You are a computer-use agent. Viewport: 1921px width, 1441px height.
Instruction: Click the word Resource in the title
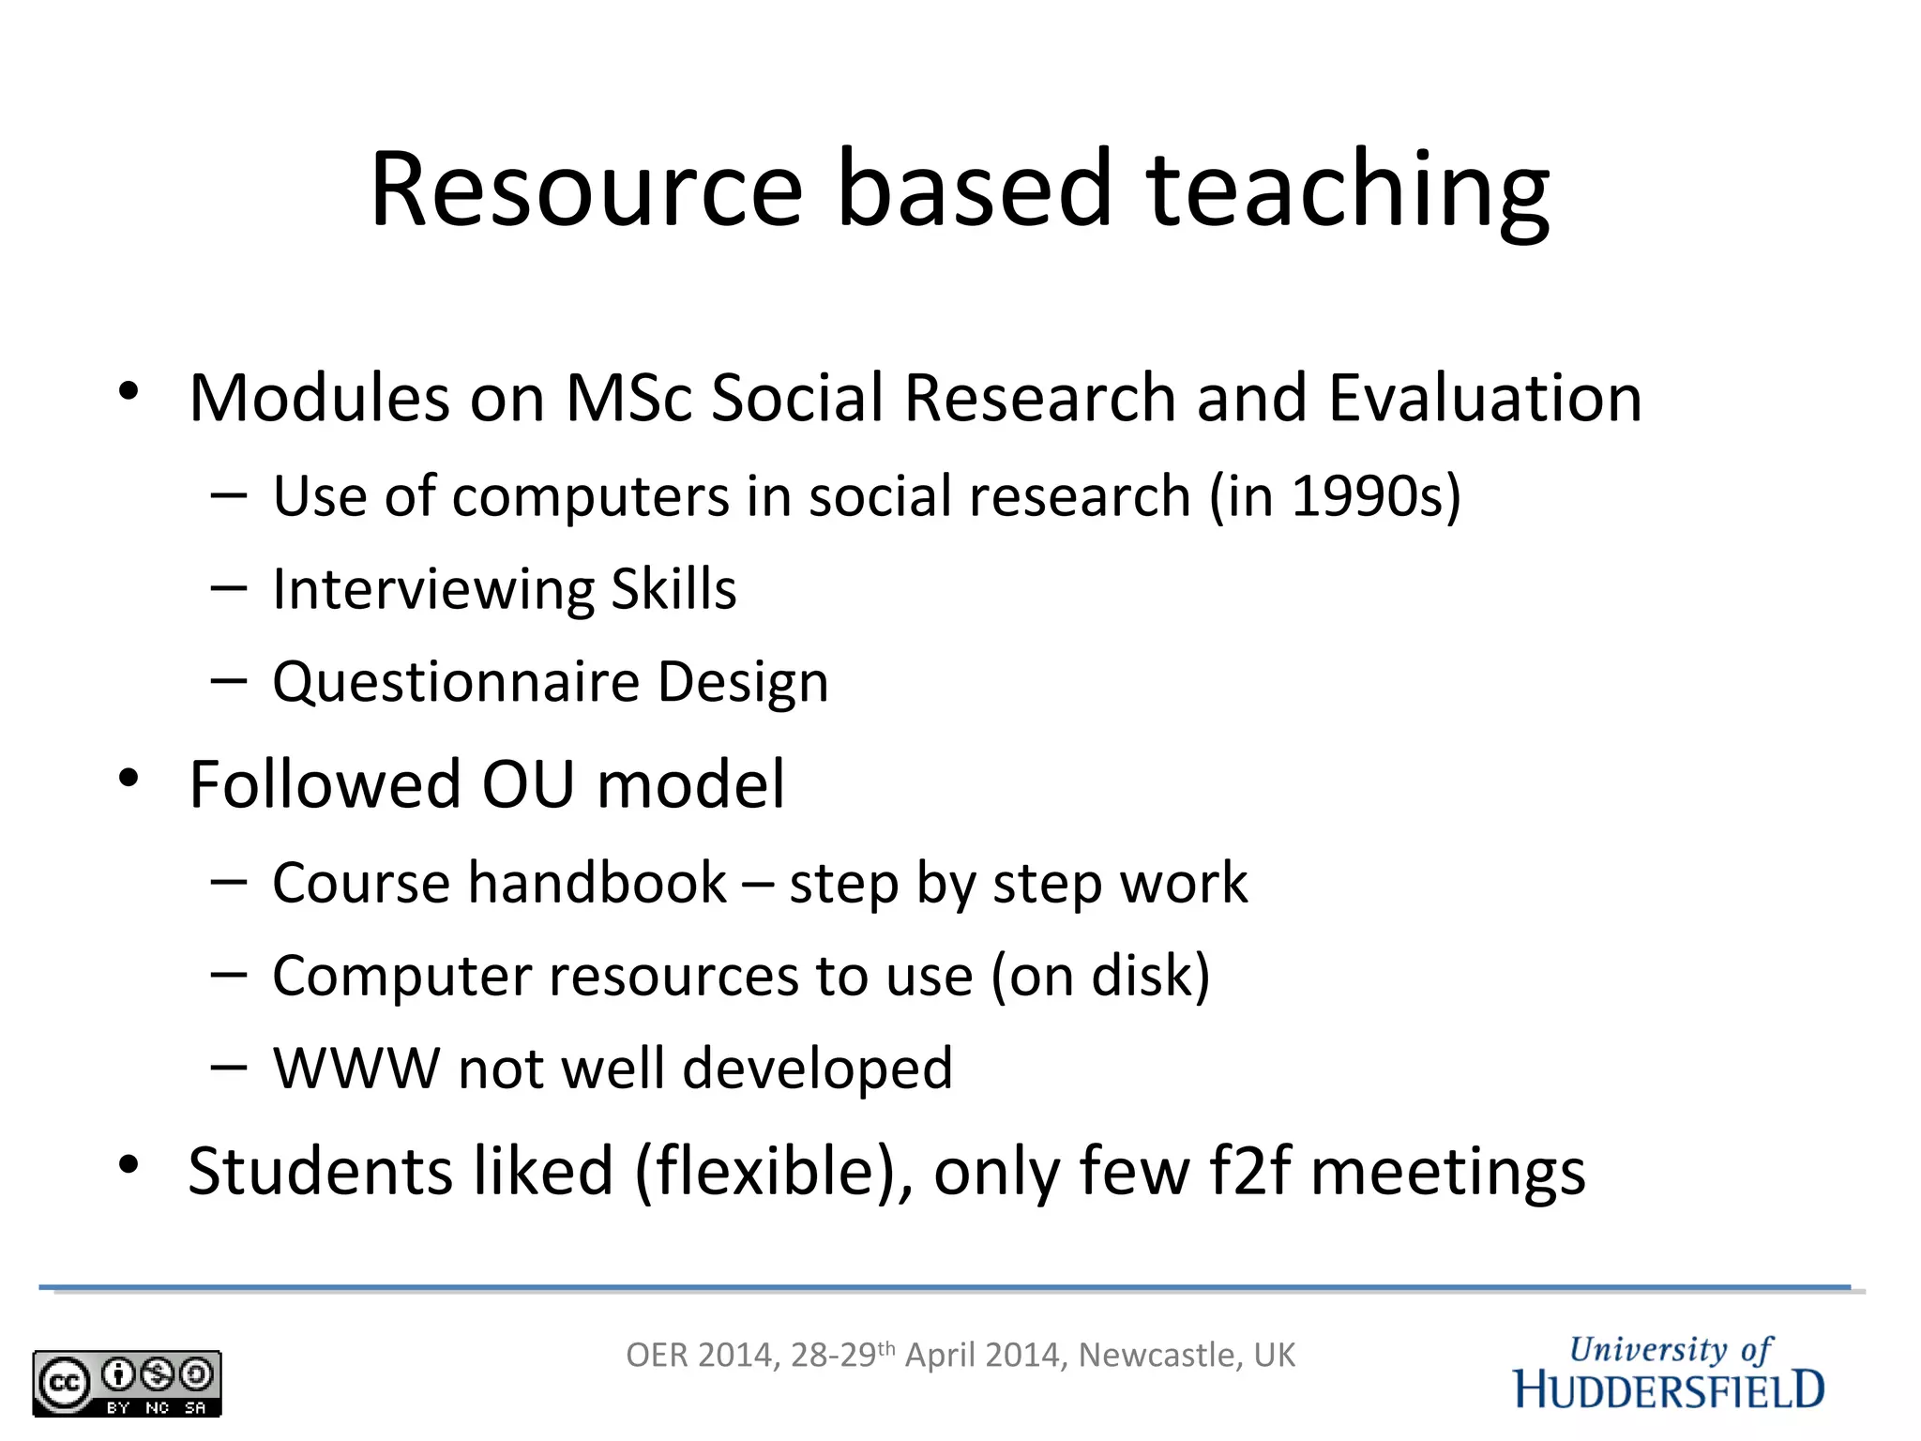click(586, 190)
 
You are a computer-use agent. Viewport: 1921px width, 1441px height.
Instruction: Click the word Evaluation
click(1485, 398)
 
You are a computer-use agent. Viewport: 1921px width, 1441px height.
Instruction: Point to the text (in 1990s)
click(1335, 496)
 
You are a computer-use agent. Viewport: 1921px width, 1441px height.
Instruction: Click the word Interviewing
click(432, 590)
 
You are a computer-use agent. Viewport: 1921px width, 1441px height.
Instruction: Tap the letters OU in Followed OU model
click(528, 784)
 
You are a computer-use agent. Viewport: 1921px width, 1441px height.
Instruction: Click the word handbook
click(597, 883)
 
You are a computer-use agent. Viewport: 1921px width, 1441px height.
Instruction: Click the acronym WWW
click(355, 1069)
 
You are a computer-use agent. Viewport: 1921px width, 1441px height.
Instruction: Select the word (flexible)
click(775, 1172)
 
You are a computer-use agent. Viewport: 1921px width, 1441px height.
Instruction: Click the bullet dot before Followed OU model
click(129, 778)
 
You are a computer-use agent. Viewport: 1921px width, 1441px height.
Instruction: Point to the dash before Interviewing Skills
click(229, 589)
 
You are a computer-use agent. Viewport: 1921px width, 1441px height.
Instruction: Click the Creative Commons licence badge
click(127, 1383)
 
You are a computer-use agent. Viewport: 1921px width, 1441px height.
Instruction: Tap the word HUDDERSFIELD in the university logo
click(1669, 1390)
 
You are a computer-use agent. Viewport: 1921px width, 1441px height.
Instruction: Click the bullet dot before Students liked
click(129, 1165)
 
